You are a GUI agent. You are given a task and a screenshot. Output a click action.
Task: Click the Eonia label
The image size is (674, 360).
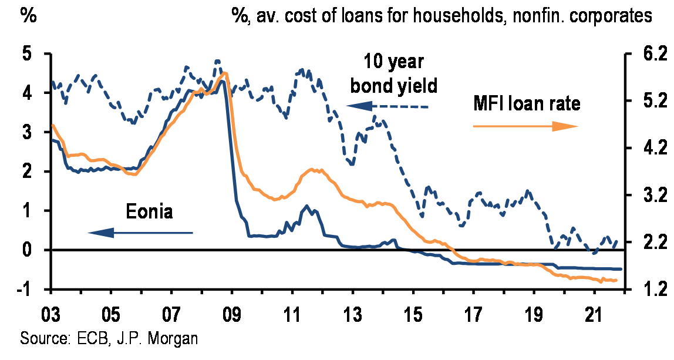[150, 211]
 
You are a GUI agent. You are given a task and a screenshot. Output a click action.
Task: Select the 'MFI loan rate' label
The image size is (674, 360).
[527, 104]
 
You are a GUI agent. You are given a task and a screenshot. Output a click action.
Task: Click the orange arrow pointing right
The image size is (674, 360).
[525, 126]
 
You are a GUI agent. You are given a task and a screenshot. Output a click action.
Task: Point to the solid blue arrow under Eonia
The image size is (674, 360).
[141, 233]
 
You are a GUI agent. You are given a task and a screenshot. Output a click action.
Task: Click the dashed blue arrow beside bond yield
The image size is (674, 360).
[387, 106]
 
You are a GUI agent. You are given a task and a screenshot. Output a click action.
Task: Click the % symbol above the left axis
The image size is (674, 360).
[28, 16]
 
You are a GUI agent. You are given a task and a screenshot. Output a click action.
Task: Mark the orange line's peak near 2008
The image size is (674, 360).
[224, 73]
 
